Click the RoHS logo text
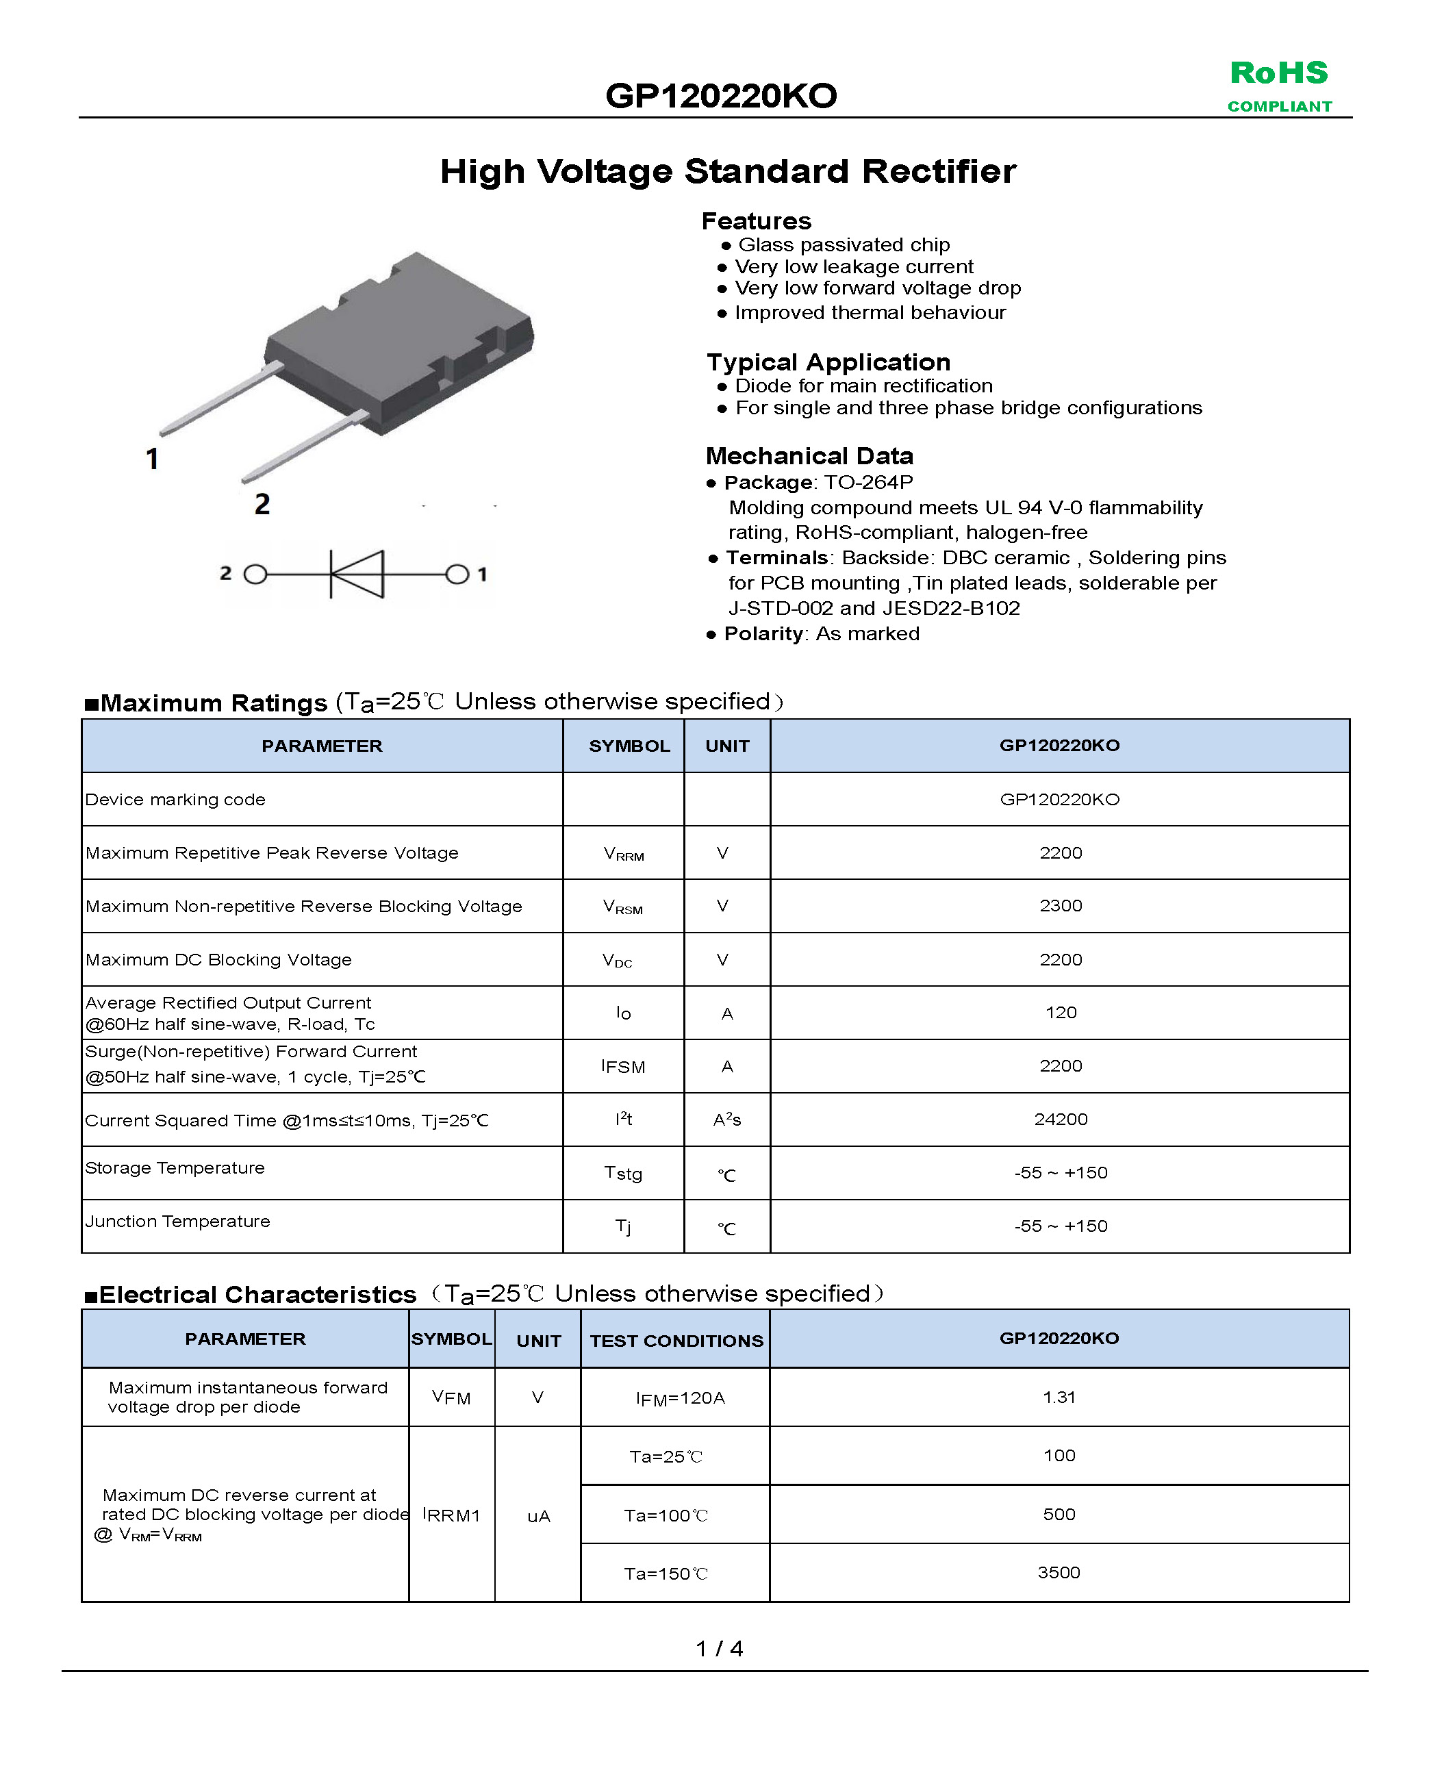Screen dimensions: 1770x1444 pos(1278,73)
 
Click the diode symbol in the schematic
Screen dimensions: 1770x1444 pos(357,574)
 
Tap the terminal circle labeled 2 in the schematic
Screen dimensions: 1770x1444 pos(255,574)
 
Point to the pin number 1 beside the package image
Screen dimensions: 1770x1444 pos(152,458)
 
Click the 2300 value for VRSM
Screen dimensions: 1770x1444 pos(1061,906)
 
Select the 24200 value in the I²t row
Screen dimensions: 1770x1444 pos(1061,1120)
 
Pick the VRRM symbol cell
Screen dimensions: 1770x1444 pos(623,853)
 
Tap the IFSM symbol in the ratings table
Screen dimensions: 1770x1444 pos(623,1066)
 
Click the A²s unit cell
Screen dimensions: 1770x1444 pos(727,1120)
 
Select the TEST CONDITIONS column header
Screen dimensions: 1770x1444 pos(676,1341)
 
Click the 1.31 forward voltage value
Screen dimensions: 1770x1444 pos(1059,1398)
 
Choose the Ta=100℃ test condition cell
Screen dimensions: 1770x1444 pos(666,1515)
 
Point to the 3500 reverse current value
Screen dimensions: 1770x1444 pos(1059,1573)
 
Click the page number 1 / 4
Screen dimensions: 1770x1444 pos(720,1647)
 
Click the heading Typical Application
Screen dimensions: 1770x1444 pos(828,363)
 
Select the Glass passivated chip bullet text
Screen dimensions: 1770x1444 pos(844,244)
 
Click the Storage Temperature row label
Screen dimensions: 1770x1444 pos(175,1168)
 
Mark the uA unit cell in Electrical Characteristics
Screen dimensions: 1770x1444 pos(538,1516)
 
